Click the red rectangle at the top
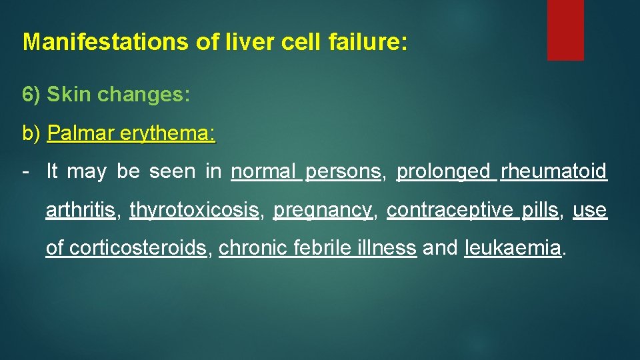click(x=565, y=30)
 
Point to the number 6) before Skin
click(x=32, y=95)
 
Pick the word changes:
click(x=144, y=95)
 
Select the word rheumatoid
click(x=554, y=172)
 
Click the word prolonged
click(x=443, y=172)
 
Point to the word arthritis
click(x=80, y=211)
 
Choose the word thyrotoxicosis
click(x=194, y=211)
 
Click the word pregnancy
click(x=323, y=211)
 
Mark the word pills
click(x=539, y=211)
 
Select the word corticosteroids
click(x=138, y=249)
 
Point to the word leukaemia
click(x=513, y=249)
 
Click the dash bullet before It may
click(x=25, y=172)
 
